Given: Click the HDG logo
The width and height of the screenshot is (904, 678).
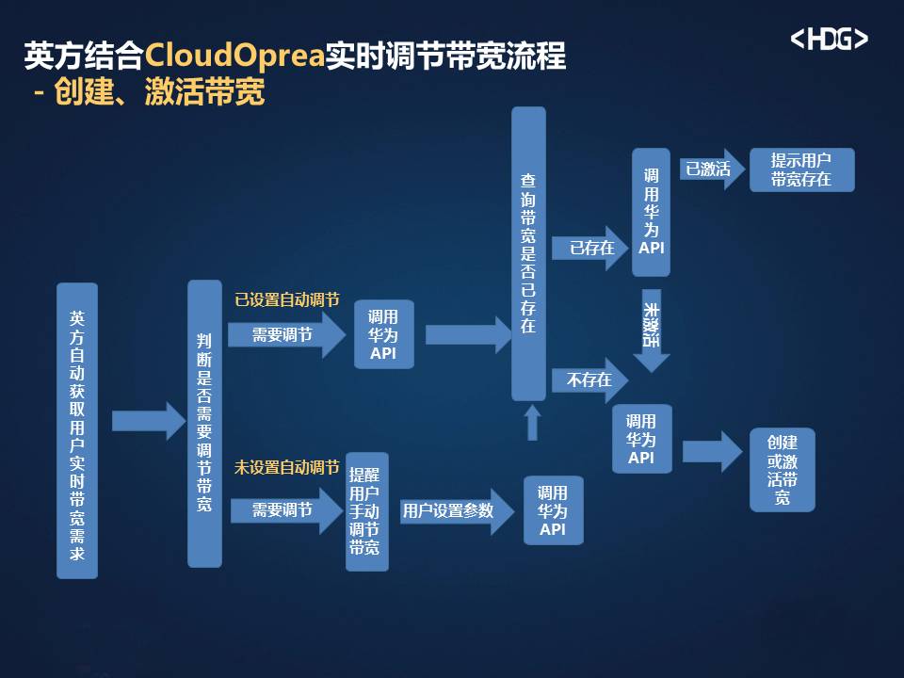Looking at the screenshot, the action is point(829,40).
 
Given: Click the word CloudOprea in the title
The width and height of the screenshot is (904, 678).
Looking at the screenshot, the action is point(234,56).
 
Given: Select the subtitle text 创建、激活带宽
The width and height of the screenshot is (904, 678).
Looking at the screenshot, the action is point(160,91).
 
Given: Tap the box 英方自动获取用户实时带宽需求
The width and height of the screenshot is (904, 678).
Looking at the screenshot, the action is point(77,430).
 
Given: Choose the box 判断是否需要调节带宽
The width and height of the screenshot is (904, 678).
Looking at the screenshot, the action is point(204,424).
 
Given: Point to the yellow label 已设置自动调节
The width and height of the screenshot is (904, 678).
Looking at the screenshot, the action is point(287,299).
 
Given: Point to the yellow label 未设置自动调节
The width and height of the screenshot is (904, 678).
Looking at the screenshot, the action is point(287,467).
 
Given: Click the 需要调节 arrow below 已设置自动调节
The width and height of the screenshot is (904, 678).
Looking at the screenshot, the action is point(286,334).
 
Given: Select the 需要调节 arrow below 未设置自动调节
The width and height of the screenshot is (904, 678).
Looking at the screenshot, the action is point(286,510).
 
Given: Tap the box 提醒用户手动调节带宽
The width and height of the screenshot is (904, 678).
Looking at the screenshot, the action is point(366,512).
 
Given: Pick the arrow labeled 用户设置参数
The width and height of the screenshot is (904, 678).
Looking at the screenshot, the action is point(457,510).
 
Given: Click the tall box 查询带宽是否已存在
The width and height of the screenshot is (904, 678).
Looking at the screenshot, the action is point(528,253).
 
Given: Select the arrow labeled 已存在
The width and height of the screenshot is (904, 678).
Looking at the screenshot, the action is point(589,248).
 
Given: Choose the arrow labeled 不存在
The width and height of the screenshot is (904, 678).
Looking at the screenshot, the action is point(589,379).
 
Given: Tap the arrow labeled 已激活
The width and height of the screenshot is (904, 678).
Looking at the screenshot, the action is point(713,169).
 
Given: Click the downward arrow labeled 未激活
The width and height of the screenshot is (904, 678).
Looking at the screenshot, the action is point(652,331).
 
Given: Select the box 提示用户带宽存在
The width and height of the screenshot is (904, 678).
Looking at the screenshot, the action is point(802,170).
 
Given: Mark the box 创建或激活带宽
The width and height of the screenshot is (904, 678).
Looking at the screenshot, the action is point(783,470).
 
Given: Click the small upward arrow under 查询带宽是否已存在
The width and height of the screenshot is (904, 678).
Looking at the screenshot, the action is point(533,423).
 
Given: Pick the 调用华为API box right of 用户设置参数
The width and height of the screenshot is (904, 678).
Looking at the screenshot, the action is point(554,510).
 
